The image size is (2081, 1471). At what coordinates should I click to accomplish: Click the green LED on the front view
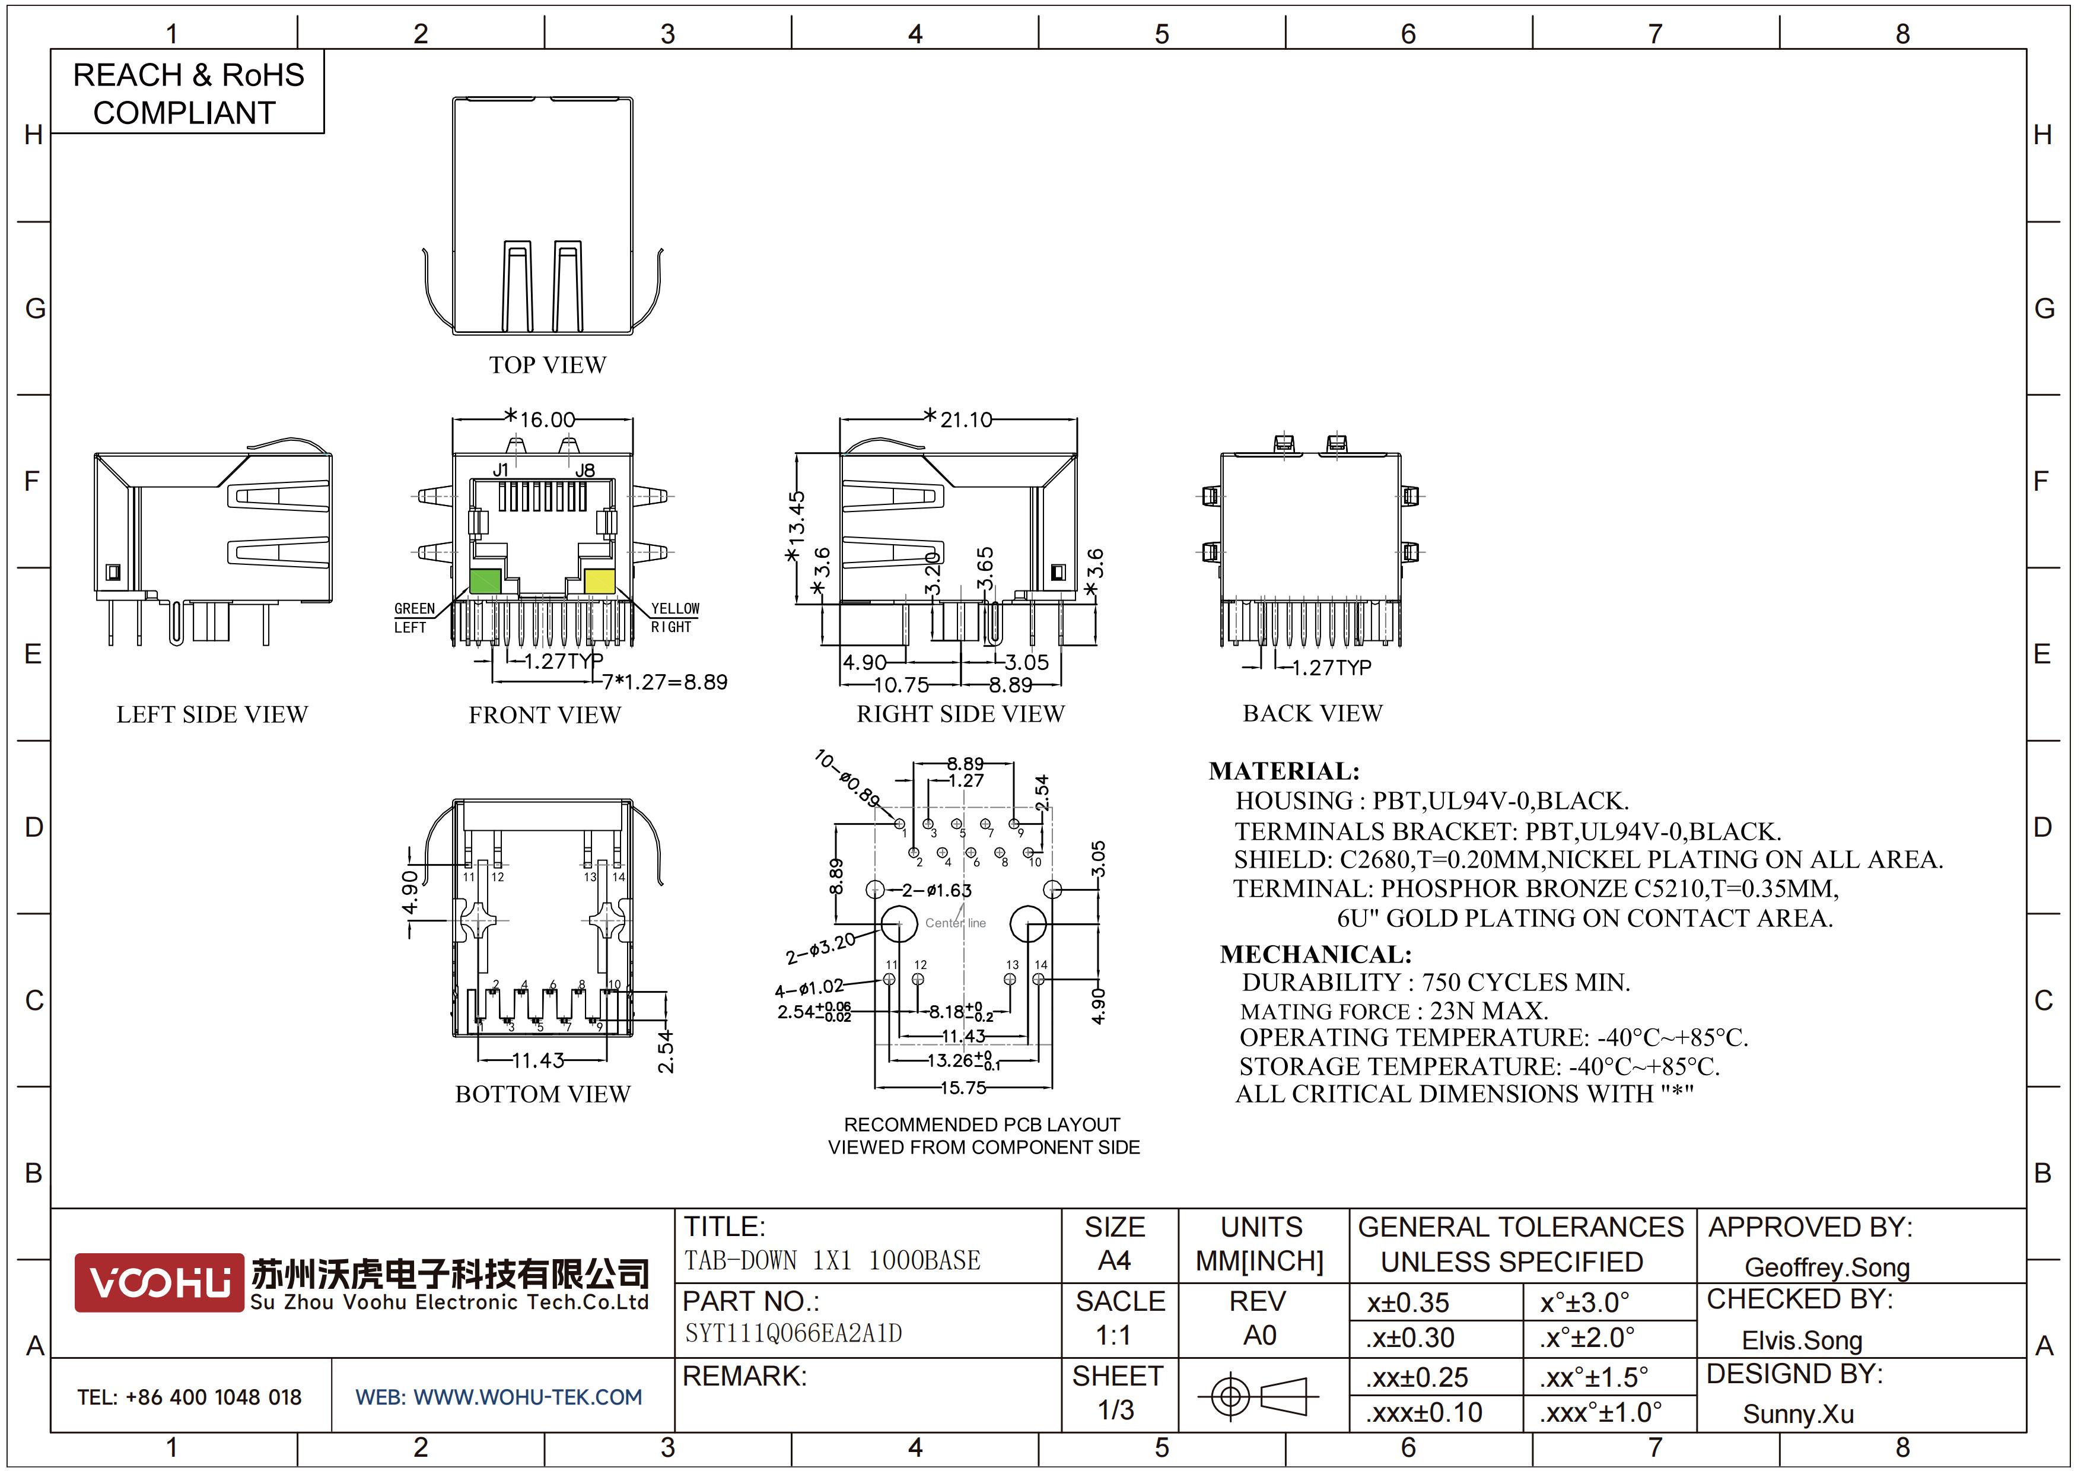(485, 581)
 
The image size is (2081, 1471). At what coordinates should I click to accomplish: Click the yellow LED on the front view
(599, 581)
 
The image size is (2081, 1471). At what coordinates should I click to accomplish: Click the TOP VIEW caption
(548, 366)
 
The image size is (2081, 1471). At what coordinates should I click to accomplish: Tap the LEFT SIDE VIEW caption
(212, 715)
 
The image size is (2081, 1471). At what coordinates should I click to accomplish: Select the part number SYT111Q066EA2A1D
(793, 1333)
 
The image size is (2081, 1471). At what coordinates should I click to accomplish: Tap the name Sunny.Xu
(1798, 1414)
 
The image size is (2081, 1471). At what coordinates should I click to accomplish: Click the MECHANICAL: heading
(1316, 954)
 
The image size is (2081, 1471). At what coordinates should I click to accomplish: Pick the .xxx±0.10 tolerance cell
(1424, 1413)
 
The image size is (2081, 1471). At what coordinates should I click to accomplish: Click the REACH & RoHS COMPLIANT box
(187, 93)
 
